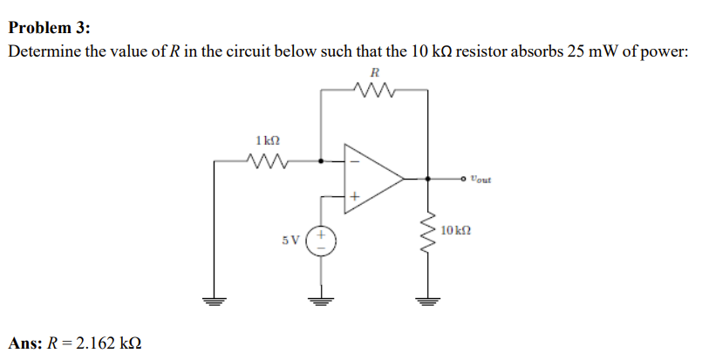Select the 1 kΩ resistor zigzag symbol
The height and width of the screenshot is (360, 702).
269,160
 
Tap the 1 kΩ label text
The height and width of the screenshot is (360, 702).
269,139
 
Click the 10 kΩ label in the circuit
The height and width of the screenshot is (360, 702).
456,231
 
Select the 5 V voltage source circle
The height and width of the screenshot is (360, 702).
322,241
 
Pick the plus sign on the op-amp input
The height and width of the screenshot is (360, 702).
354,199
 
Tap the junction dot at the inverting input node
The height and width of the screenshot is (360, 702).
322,160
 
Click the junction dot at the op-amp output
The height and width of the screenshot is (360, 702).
427,180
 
